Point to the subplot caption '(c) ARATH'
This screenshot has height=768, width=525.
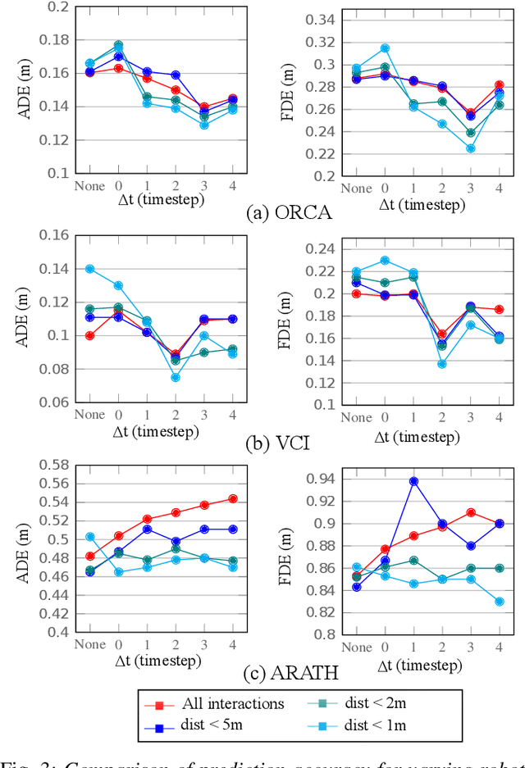[288, 674]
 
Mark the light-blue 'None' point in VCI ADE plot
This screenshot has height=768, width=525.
[90, 268]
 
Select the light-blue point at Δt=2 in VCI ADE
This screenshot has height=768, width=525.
[176, 377]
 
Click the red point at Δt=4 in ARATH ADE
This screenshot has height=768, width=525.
[232, 498]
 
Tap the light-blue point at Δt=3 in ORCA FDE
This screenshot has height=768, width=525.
[470, 148]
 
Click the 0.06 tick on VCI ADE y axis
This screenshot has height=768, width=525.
[53, 402]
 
